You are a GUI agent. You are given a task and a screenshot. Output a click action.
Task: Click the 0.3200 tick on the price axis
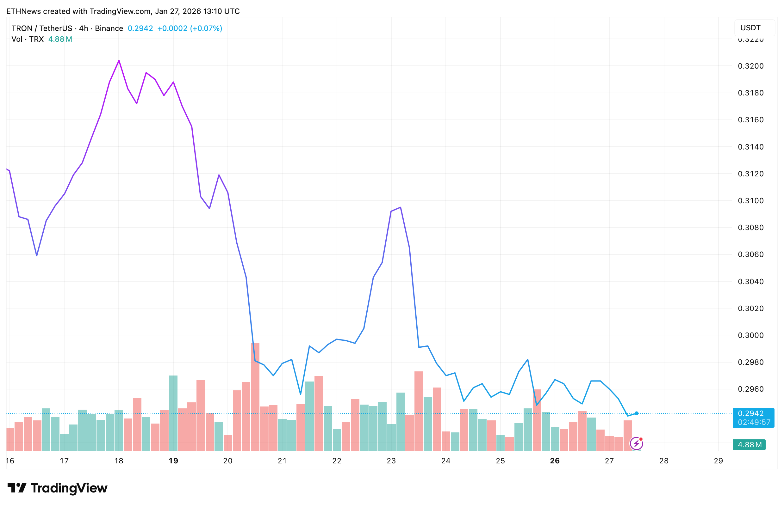point(750,66)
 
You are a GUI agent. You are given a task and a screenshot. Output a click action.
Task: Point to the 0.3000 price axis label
point(750,335)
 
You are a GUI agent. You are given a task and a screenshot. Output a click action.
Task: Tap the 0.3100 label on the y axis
point(750,201)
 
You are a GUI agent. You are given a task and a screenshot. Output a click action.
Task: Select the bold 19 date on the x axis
point(173,461)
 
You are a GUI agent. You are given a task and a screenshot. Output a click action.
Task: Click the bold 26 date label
point(555,461)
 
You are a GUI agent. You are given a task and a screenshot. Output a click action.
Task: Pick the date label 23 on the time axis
point(391,461)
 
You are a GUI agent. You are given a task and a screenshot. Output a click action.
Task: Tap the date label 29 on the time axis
point(718,461)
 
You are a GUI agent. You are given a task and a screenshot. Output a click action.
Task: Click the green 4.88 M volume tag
point(749,445)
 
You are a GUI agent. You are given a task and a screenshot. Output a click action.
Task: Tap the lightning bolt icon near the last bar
point(636,443)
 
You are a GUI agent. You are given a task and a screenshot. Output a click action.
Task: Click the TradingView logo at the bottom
point(57,488)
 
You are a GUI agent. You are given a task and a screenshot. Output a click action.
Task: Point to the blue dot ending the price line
point(637,413)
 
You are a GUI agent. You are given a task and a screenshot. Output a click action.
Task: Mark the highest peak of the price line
point(119,61)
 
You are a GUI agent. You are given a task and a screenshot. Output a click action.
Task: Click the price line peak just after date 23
point(400,207)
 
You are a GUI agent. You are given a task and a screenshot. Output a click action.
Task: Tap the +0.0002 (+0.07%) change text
point(190,29)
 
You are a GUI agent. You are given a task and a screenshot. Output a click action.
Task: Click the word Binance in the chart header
point(109,29)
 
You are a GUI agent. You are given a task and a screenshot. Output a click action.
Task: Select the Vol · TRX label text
point(28,39)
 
